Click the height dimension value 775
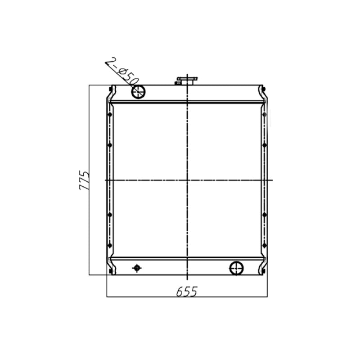tap(84, 180)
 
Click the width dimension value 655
tap(186, 291)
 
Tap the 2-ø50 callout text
tap(121, 71)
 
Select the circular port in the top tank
tap(138, 92)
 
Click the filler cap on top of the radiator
tap(187, 81)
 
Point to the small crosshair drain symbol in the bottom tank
tap(137, 268)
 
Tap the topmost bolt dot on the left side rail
tap(110, 115)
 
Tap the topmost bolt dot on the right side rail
tap(264, 115)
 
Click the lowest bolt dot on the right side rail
tap(264, 245)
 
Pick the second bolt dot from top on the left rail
tap(110, 145)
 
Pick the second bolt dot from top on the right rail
tap(264, 145)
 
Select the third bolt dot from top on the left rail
tap(110, 215)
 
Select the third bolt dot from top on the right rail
tap(264, 215)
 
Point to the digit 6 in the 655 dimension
tap(180, 291)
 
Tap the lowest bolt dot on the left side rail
tap(110, 245)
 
